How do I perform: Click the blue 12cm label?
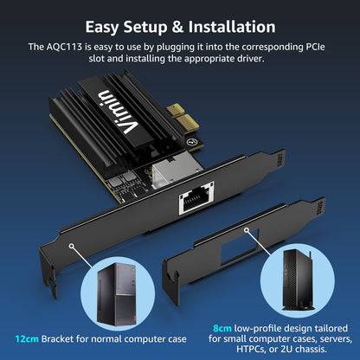24,336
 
